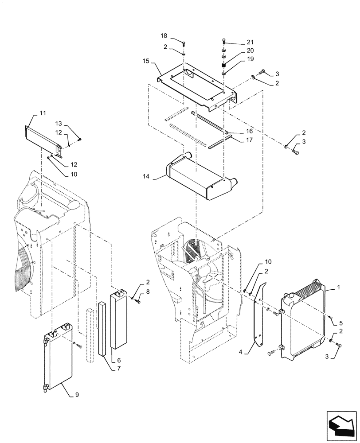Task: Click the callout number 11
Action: pyautogui.click(x=43, y=113)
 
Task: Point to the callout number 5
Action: pyautogui.click(x=340, y=323)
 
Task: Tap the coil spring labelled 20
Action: pyautogui.click(x=224, y=65)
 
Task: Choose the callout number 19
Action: pyautogui.click(x=250, y=58)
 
